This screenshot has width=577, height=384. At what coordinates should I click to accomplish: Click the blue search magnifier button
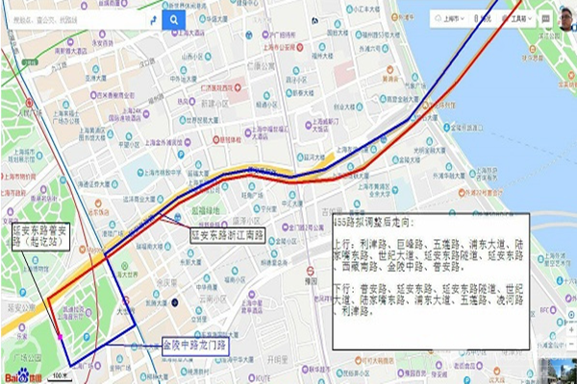tap(174, 19)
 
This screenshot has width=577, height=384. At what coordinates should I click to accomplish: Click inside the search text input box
tap(77, 19)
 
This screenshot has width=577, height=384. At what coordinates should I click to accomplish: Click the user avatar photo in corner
tap(565, 16)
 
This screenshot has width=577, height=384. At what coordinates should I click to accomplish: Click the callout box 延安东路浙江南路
tap(225, 233)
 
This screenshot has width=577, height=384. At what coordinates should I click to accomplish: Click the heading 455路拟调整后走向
tap(378, 222)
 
